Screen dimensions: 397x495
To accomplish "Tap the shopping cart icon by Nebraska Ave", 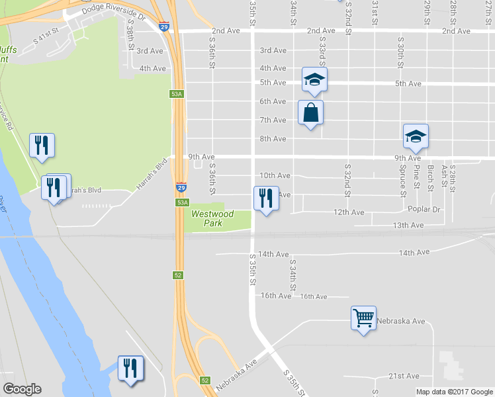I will pos(363,318).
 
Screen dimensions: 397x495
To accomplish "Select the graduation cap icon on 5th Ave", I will pos(314,80).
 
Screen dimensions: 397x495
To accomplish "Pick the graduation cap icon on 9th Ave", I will pos(416,136).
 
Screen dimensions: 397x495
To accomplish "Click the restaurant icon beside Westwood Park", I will pos(266,198).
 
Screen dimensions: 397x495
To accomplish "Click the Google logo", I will pos(22,389).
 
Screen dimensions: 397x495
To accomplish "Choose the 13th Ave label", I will pos(408,226).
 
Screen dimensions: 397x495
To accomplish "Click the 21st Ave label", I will pos(404,376).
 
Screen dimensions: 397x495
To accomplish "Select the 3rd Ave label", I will pos(273,50).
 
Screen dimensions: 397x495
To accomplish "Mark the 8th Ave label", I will pos(273,139).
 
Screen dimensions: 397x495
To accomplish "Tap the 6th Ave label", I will pos(273,101).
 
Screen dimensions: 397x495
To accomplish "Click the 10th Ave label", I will pos(275,176).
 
